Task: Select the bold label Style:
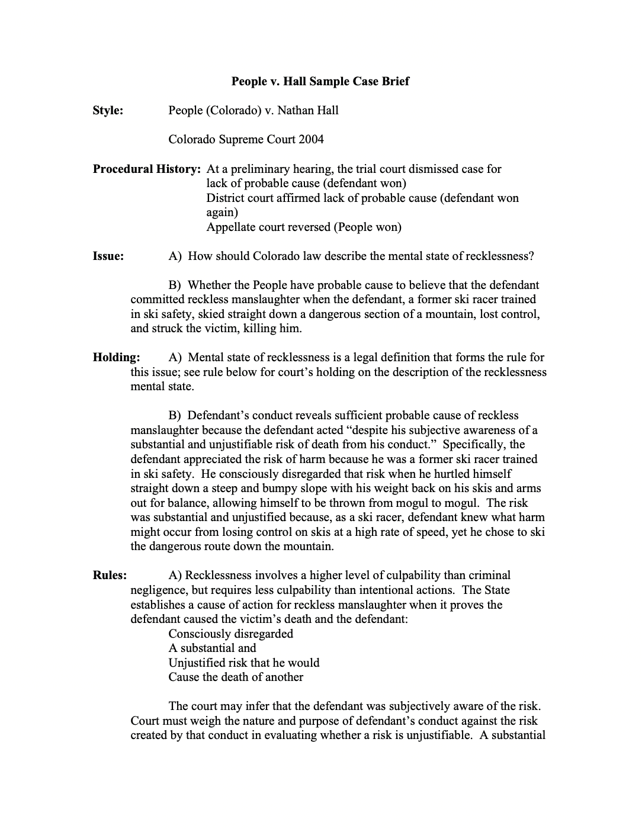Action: coord(108,110)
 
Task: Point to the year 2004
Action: coord(312,139)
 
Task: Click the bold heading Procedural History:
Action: coord(146,169)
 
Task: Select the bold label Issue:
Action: coord(108,256)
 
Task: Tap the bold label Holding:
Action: coord(116,357)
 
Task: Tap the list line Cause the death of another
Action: coord(236,677)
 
